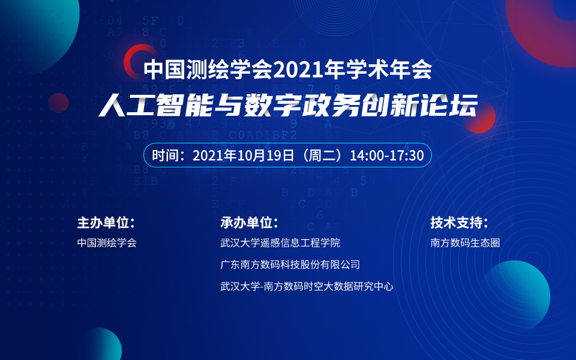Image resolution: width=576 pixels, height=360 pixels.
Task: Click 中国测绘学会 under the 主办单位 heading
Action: (x=107, y=243)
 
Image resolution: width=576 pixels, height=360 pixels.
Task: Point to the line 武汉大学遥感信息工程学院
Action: (x=280, y=243)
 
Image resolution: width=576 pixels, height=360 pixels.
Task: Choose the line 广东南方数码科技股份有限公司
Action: (x=290, y=265)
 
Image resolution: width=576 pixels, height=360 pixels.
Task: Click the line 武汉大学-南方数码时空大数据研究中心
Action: (x=307, y=286)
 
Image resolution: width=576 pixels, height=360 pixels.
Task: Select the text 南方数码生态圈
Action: (x=465, y=243)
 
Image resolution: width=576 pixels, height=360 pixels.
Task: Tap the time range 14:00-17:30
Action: (x=387, y=155)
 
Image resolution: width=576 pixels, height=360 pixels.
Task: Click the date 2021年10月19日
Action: (x=244, y=155)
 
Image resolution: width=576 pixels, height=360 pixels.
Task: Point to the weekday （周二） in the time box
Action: (x=322, y=155)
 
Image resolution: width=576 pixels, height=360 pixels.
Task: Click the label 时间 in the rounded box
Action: (x=166, y=155)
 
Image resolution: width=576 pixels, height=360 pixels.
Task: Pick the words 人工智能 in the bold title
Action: (x=156, y=105)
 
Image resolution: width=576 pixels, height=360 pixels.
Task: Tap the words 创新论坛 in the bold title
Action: (x=419, y=105)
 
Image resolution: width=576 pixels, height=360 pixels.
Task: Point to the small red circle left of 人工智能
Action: (x=58, y=103)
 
